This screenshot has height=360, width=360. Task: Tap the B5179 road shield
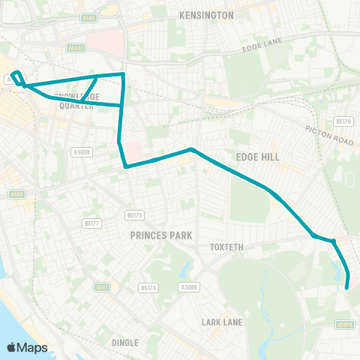tap(343, 121)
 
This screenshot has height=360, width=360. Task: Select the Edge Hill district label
tap(257, 157)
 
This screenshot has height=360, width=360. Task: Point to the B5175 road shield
tap(134, 215)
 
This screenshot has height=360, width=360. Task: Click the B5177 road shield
tap(91, 223)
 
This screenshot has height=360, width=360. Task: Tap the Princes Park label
tap(160, 235)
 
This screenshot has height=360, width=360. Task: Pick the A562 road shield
tap(16, 194)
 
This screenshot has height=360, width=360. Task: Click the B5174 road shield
tap(148, 287)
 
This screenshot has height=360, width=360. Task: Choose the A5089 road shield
tap(189, 286)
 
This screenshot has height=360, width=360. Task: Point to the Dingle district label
tap(124, 343)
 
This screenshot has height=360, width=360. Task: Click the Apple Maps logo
tap(27, 347)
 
